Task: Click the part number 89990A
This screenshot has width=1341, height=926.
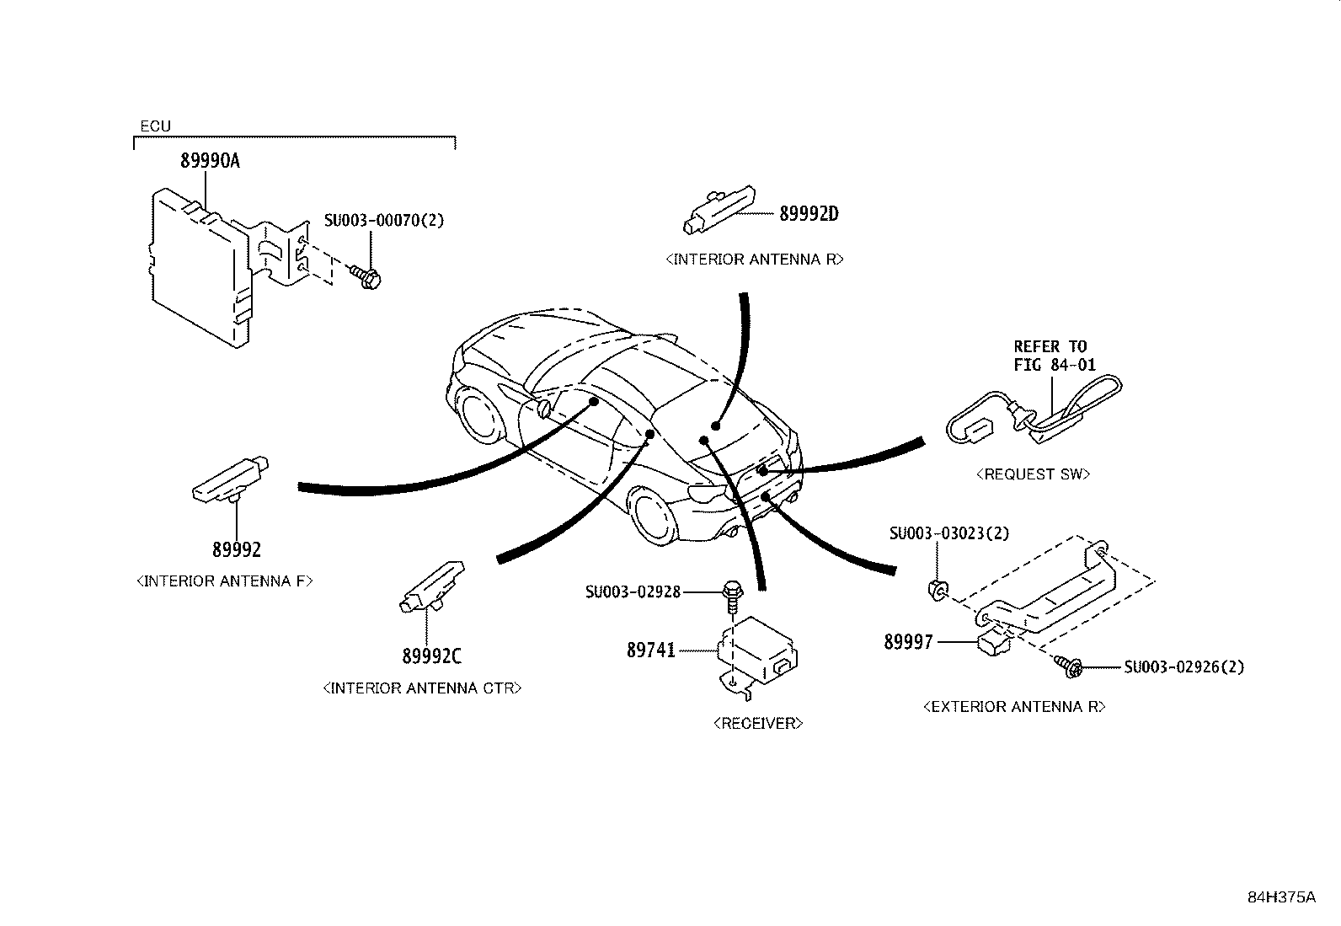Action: [x=210, y=161]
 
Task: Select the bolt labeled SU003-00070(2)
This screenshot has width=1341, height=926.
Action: [x=366, y=277]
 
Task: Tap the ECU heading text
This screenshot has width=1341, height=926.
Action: [x=155, y=126]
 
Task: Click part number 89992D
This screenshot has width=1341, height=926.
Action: [x=809, y=214]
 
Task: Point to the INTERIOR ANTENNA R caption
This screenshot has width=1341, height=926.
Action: [x=754, y=260]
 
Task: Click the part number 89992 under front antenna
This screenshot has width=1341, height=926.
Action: [x=237, y=550]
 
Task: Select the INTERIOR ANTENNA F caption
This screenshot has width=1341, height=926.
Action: [x=224, y=581]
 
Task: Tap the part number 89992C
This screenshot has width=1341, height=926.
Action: [x=431, y=656]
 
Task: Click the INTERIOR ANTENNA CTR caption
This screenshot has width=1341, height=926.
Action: [x=422, y=688]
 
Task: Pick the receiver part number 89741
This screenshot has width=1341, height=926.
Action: [x=651, y=650]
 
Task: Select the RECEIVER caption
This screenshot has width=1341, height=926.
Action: [x=757, y=723]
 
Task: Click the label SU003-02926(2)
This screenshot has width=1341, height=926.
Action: [x=1183, y=667]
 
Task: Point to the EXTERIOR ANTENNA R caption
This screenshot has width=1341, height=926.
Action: [x=1014, y=707]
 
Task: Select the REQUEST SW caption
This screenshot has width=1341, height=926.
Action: [x=1033, y=474]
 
